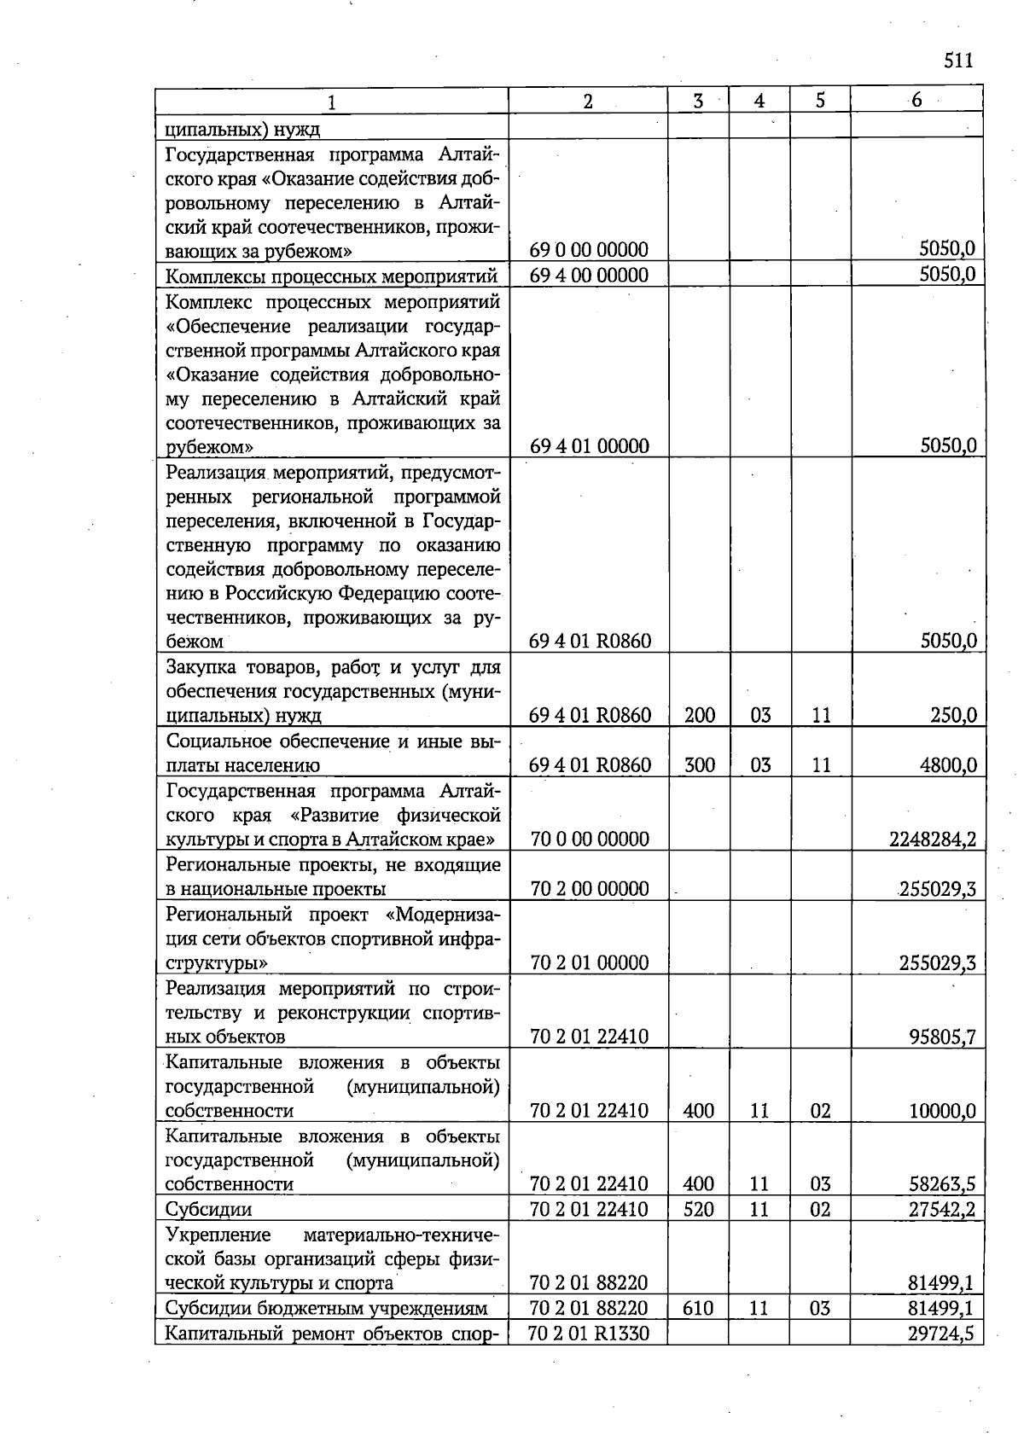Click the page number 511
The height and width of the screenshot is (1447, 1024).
pos(958,61)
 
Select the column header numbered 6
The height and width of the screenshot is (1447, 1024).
pos(916,100)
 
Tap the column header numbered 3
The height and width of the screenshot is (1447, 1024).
pos(698,101)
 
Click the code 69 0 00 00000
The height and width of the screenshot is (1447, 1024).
pos(589,250)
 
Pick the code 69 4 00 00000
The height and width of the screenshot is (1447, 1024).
pos(589,275)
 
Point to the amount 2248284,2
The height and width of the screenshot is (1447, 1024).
pos(933,840)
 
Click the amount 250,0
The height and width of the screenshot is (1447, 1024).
pos(953,715)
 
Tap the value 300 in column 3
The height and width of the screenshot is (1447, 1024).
pos(699,765)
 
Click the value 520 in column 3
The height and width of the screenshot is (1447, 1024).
pos(699,1209)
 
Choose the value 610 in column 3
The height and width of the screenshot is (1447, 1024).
pos(699,1308)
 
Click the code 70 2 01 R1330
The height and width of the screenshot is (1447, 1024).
pos(589,1333)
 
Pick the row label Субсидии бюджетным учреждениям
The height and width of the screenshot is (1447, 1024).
pos(326,1308)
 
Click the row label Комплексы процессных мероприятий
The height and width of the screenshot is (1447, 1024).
pos(331,276)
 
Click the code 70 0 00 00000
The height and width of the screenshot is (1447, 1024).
pos(590,840)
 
